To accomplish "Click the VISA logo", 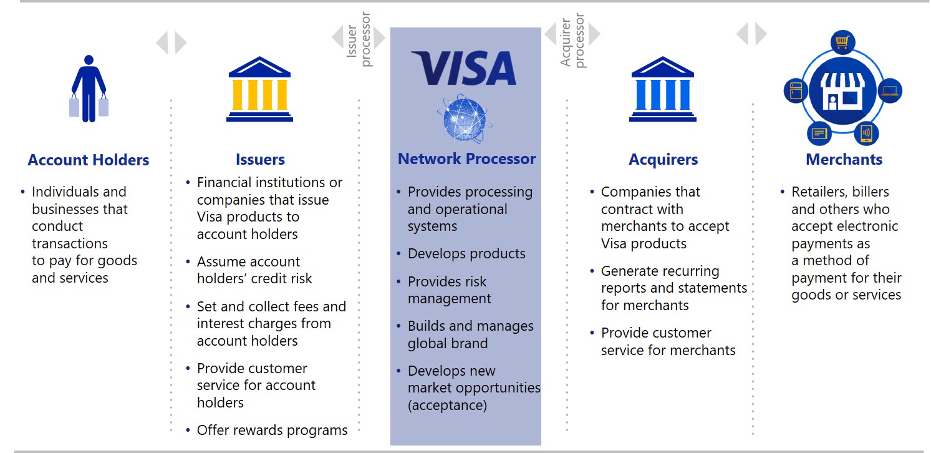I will tap(464, 68).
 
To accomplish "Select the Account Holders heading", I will tap(89, 160).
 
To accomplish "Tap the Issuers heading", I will tap(260, 160).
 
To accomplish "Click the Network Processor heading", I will tap(466, 159).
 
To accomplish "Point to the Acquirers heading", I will tap(663, 160).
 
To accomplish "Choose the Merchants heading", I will tap(844, 160).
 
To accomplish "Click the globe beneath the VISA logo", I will tap(465, 119).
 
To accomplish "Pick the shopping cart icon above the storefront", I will tap(842, 42).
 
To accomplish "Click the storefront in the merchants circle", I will tap(842, 90).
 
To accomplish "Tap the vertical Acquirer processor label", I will tap(572, 41).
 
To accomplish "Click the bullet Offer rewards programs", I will tap(272, 430).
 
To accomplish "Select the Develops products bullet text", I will tap(466, 254).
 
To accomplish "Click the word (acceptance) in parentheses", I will tap(446, 406).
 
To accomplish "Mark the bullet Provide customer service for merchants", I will tap(668, 341).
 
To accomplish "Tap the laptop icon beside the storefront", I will tap(890, 91).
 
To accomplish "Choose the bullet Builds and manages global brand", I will tap(470, 334).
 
